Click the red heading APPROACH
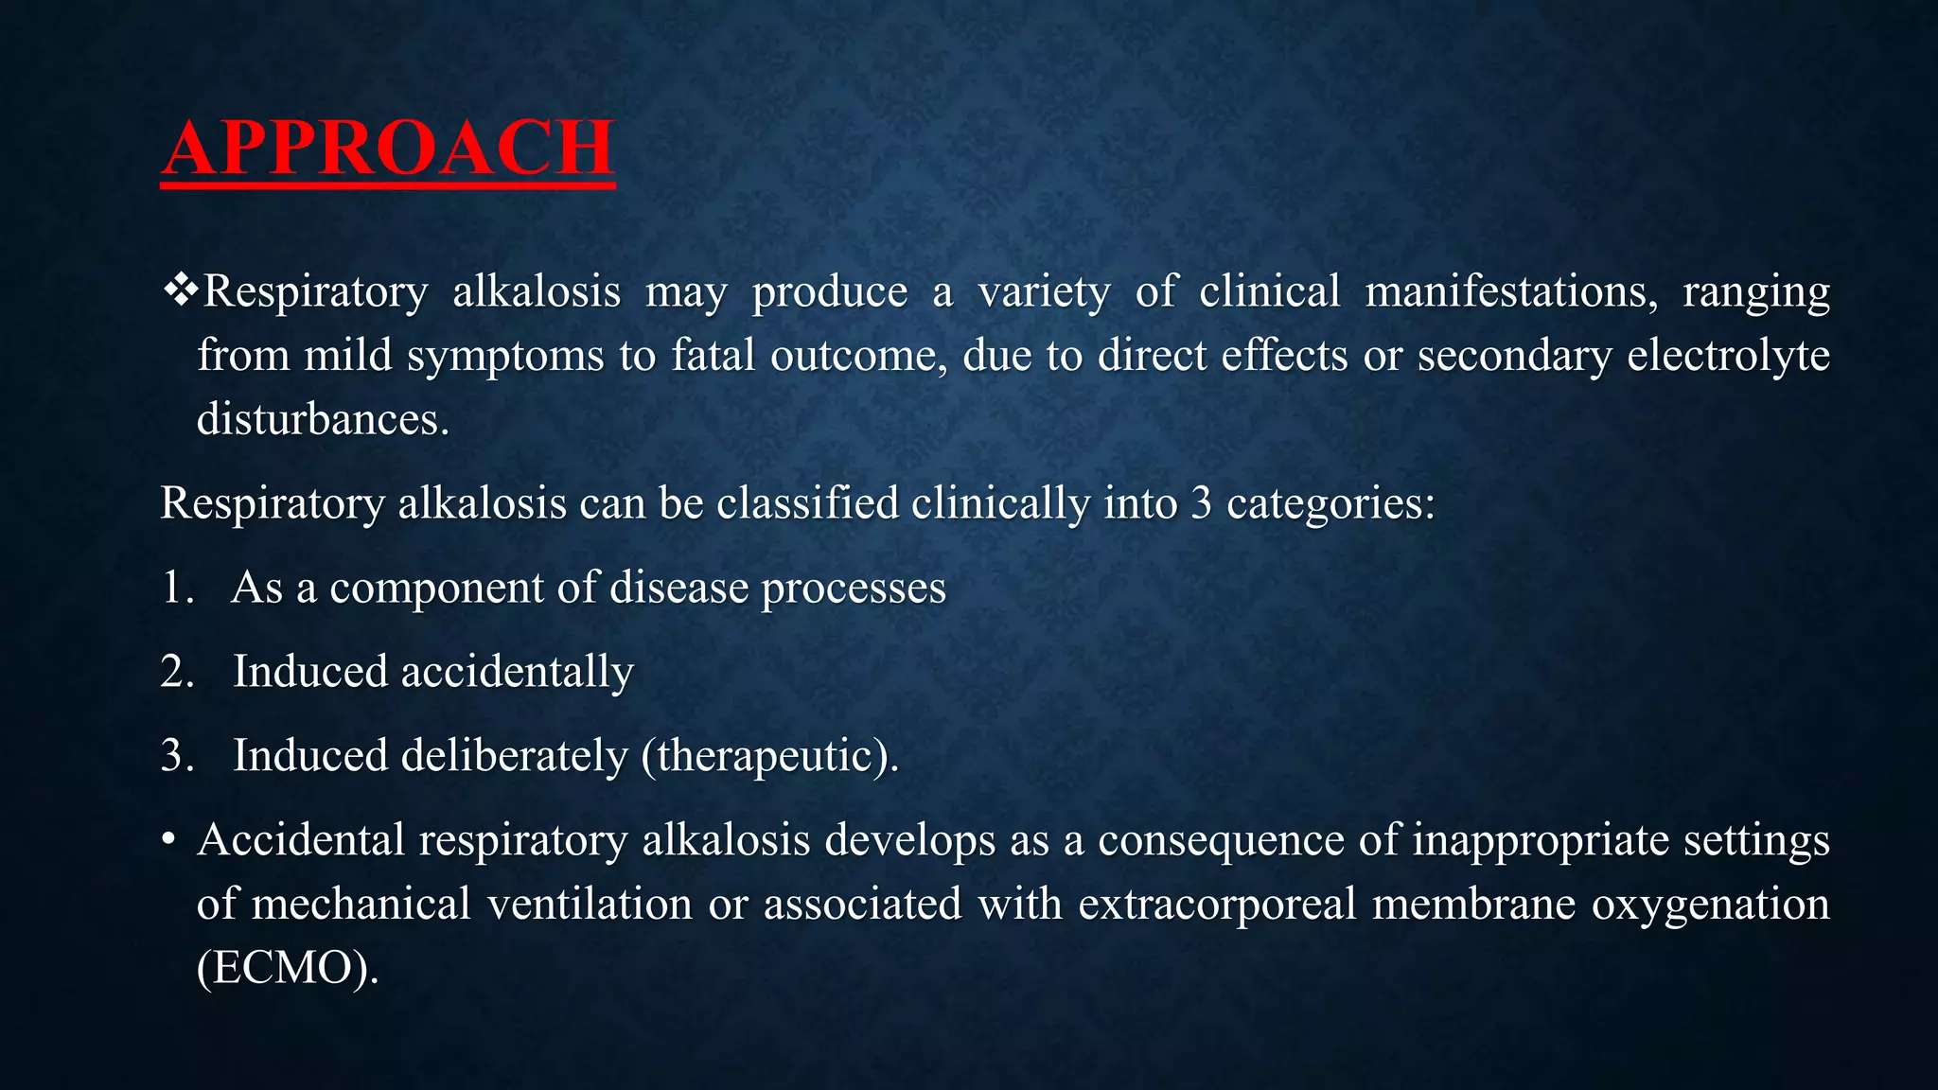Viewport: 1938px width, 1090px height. (388, 149)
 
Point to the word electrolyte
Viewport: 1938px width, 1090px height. (1728, 356)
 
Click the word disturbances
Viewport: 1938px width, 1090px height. (322, 419)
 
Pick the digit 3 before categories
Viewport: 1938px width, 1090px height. (1201, 503)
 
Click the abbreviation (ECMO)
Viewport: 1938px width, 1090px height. (287, 968)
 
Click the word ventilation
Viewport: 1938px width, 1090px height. (590, 904)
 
